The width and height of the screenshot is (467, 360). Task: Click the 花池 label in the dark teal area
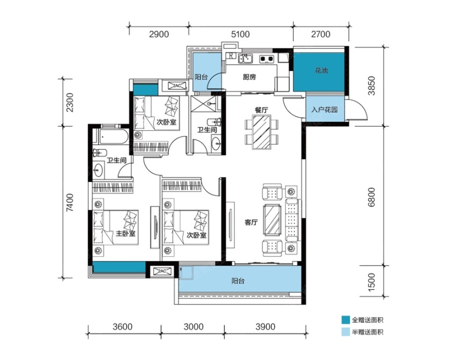pyautogui.click(x=321, y=71)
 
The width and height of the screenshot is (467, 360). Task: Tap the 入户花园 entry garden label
pyautogui.click(x=324, y=109)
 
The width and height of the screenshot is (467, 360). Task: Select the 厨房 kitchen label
pyautogui.click(x=249, y=77)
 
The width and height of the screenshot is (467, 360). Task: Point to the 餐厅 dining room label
pyautogui.click(x=261, y=109)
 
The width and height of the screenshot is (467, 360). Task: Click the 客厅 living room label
pyautogui.click(x=251, y=222)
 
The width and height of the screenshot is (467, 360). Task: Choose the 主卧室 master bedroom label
pyautogui.click(x=126, y=233)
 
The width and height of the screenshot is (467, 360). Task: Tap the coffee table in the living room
pyautogui.click(x=271, y=220)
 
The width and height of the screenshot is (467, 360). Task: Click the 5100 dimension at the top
pyautogui.click(x=240, y=34)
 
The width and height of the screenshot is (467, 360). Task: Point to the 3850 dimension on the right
pyautogui.click(x=372, y=86)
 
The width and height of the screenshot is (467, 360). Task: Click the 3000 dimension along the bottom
pyautogui.click(x=194, y=327)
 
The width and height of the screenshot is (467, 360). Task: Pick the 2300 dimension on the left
pyautogui.click(x=69, y=102)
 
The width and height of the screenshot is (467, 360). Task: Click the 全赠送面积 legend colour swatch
pyautogui.click(x=346, y=320)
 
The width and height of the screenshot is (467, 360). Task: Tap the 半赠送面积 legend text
pyautogui.click(x=367, y=332)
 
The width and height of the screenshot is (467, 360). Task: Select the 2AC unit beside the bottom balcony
pyautogui.click(x=162, y=271)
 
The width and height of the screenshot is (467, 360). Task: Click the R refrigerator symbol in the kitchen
pyautogui.click(x=231, y=56)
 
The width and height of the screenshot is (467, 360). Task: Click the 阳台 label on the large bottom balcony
pyautogui.click(x=238, y=281)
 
